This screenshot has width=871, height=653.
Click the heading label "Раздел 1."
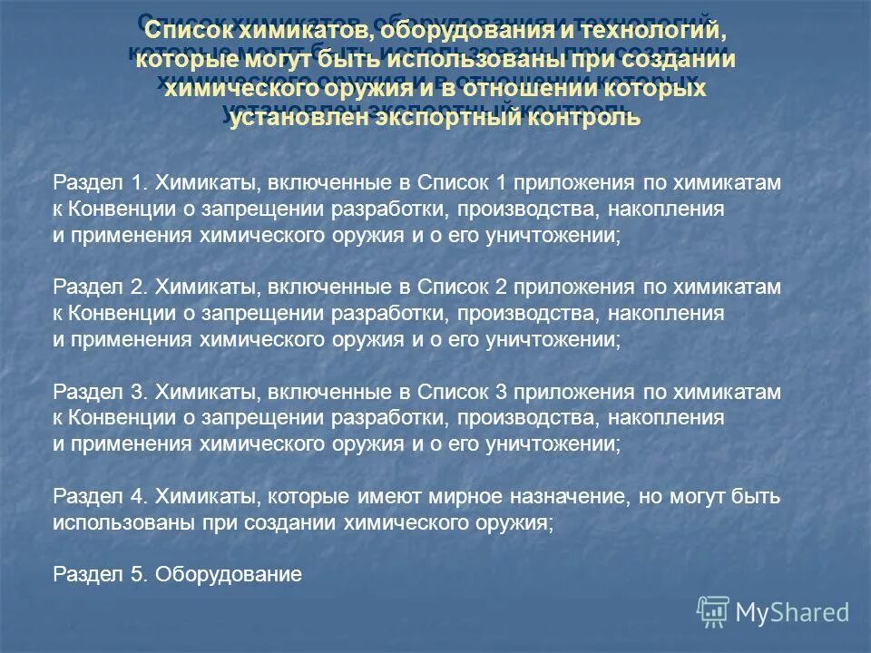(101, 183)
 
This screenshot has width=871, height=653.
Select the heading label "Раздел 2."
(101, 288)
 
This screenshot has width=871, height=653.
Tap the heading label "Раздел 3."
(101, 392)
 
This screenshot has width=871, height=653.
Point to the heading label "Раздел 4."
(101, 497)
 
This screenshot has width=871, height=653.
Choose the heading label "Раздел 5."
(101, 574)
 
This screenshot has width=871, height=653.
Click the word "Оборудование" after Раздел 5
(229, 574)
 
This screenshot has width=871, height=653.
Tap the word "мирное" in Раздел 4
(459, 497)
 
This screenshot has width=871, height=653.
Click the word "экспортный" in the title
(437, 118)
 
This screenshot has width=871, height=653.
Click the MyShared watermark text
(792, 612)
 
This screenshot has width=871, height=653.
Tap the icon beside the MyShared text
(712, 610)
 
